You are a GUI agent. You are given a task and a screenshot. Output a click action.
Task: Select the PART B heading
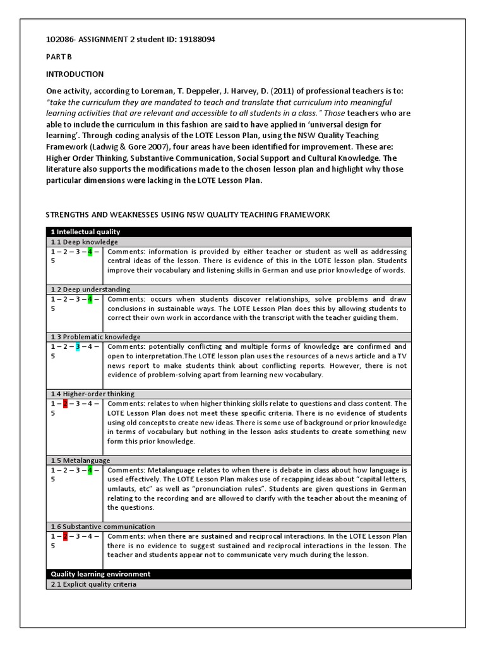(55, 57)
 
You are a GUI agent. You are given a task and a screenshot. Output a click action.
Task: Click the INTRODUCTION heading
(75, 74)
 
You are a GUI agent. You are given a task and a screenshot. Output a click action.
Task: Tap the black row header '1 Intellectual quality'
(86, 232)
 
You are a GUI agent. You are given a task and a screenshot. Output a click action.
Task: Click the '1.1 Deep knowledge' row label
(84, 242)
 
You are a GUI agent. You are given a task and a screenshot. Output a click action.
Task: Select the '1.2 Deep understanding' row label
(90, 290)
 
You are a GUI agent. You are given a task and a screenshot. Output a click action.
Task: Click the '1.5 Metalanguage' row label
(80, 461)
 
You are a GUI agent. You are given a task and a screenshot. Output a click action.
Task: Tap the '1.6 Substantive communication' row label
(102, 526)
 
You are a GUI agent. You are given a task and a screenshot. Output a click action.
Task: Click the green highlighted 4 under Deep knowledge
(90, 252)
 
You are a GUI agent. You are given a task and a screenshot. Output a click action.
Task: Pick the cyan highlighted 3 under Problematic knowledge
(77, 346)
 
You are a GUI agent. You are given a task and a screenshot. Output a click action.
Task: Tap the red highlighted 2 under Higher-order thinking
(64, 404)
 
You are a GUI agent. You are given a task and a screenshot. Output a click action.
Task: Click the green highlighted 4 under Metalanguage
(90, 470)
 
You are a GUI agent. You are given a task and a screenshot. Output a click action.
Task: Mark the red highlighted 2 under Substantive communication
(64, 536)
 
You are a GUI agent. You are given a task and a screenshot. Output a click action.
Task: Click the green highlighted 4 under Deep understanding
(90, 299)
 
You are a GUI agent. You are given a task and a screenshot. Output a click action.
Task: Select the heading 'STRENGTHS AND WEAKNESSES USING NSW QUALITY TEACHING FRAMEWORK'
(188, 215)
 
